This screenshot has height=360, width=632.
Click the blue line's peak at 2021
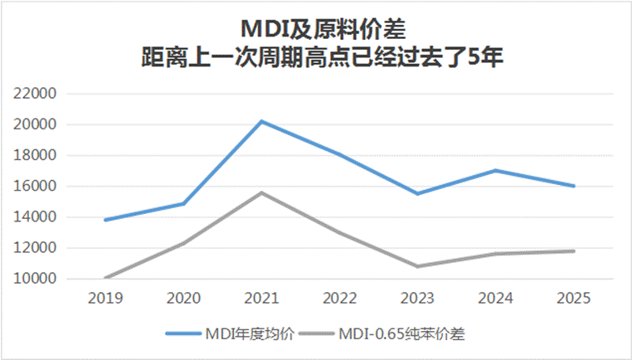(261, 121)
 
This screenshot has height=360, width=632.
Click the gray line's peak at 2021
(261, 192)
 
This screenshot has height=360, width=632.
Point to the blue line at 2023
(417, 193)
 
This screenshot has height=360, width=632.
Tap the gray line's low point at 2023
(417, 266)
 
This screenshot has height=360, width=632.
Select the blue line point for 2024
(495, 170)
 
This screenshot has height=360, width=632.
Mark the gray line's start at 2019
(105, 278)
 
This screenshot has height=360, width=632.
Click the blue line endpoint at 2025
(573, 186)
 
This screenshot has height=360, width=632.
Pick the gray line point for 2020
(183, 243)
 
